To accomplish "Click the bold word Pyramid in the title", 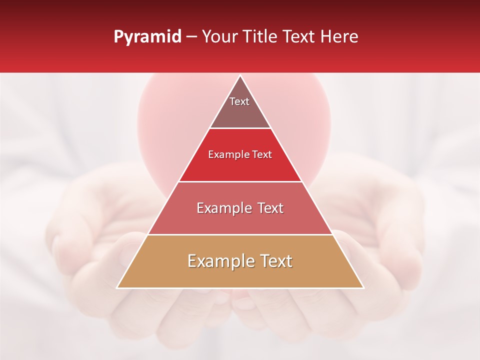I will coord(147,37).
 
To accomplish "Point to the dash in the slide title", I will coord(191,37).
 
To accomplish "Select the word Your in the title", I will coord(219,37).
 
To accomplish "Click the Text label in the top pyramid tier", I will coord(239,101).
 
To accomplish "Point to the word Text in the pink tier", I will coord(270,208).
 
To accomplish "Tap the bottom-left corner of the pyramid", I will coord(117,288).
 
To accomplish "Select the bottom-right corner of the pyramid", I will coord(363,288).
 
